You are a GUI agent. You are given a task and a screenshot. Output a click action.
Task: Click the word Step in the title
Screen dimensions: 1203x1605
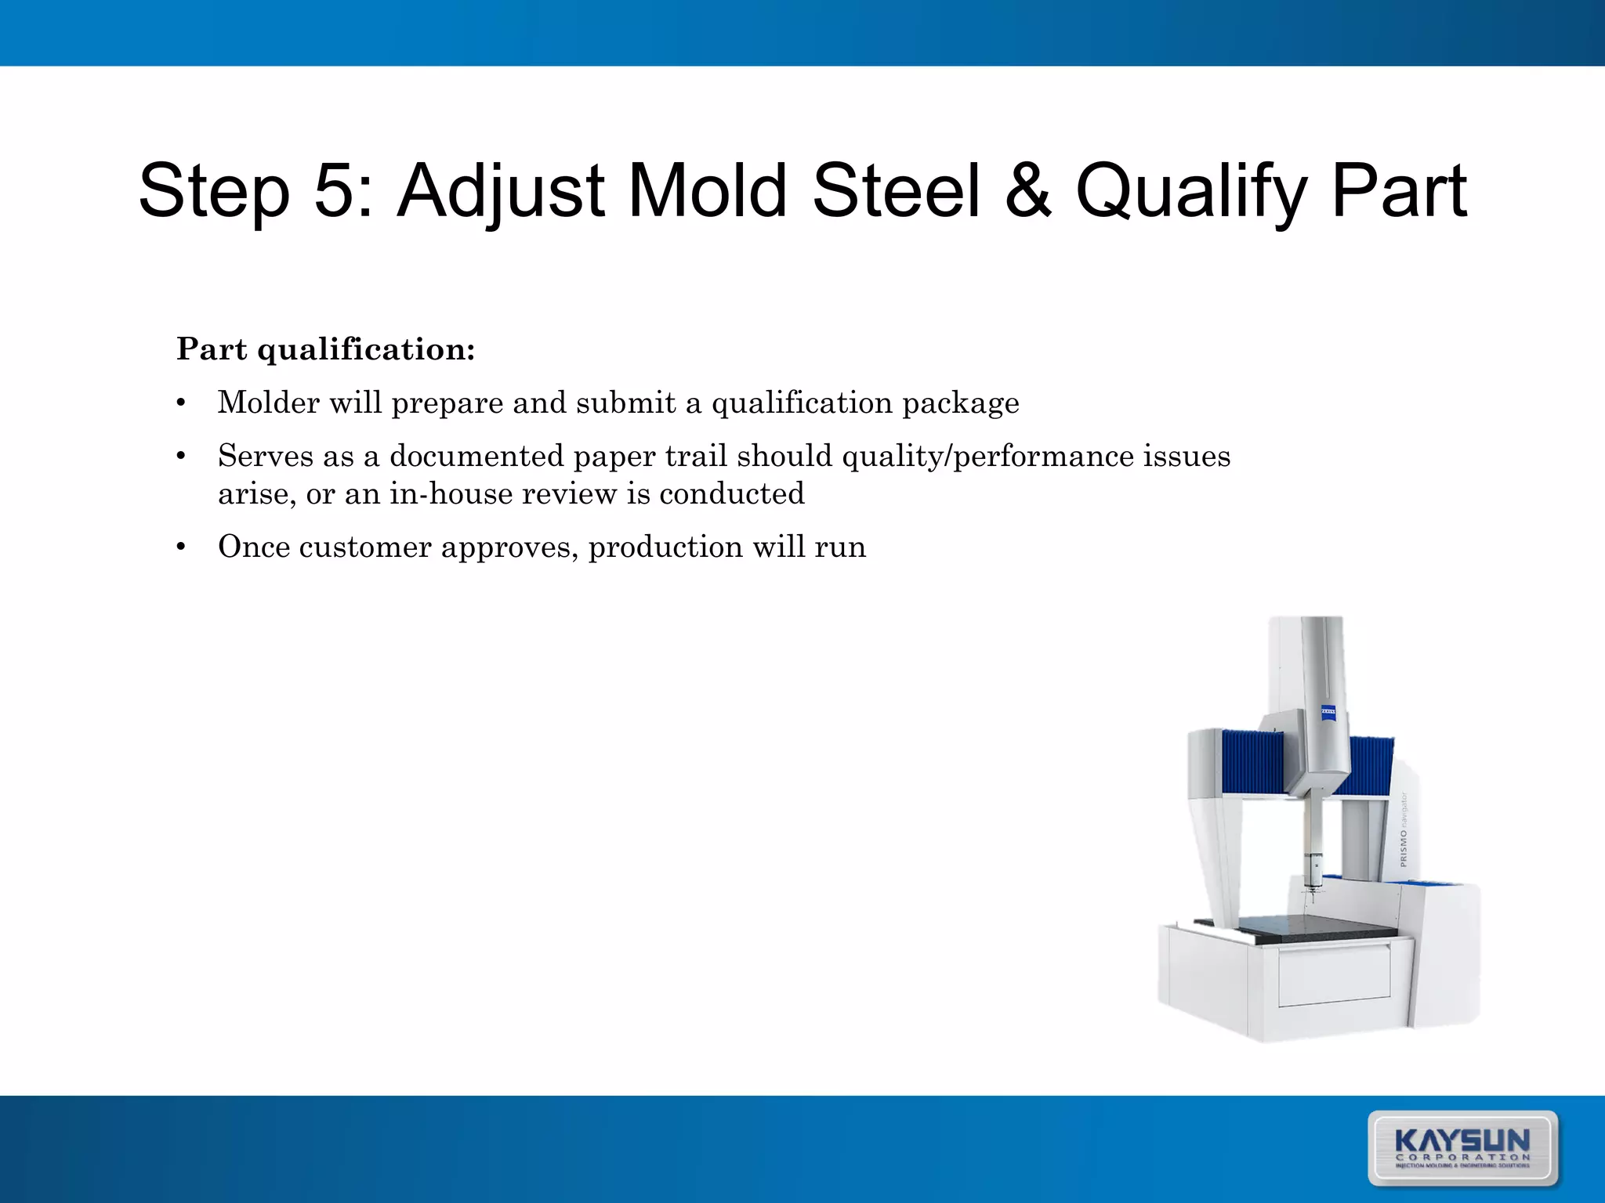(x=213, y=191)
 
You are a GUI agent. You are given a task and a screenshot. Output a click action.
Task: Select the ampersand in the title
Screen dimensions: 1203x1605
(x=1027, y=191)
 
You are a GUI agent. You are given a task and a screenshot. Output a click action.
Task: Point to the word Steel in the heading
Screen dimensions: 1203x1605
(x=896, y=191)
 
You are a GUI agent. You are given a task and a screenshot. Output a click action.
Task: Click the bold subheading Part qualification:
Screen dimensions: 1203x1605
(x=325, y=349)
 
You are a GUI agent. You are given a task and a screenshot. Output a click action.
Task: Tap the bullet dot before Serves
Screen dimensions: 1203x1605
(x=181, y=456)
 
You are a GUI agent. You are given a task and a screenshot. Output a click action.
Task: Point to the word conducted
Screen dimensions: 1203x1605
(x=731, y=494)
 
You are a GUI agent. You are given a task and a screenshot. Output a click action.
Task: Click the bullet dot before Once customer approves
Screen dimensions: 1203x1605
(x=181, y=547)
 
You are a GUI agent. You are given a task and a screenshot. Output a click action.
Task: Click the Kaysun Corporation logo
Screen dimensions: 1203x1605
(x=1462, y=1147)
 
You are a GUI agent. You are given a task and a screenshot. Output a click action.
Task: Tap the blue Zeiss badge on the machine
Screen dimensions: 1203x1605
(x=1329, y=712)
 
